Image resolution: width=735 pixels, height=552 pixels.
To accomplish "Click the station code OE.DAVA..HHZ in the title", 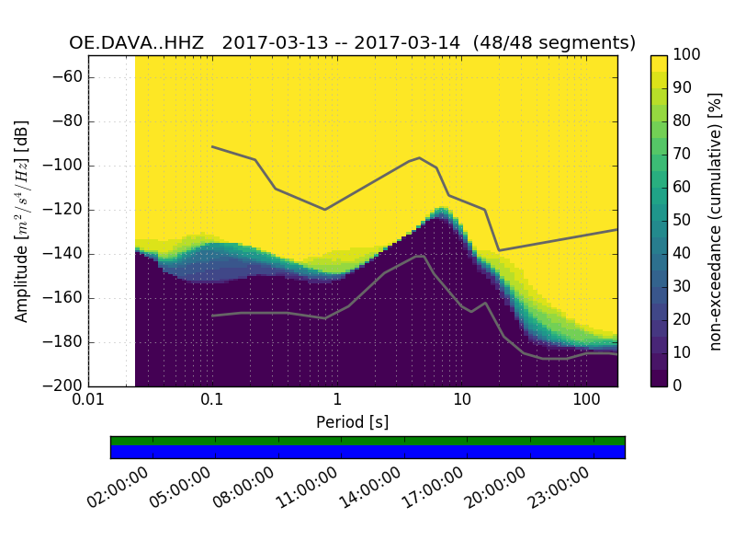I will point(140,43).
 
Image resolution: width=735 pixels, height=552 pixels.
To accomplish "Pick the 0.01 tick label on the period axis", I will point(88,402).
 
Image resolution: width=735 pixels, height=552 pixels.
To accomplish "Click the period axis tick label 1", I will point(337,402).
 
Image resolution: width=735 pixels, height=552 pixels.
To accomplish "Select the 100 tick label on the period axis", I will point(586,402).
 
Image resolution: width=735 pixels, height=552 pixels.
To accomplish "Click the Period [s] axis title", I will point(353,422).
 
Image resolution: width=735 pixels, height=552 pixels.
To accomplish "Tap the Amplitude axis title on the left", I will point(22,221).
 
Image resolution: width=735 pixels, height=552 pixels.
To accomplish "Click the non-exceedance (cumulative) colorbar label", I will point(716,221).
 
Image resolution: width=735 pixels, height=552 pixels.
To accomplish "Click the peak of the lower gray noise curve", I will point(421,256).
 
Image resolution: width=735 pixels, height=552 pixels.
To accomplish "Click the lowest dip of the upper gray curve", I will point(499,250).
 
